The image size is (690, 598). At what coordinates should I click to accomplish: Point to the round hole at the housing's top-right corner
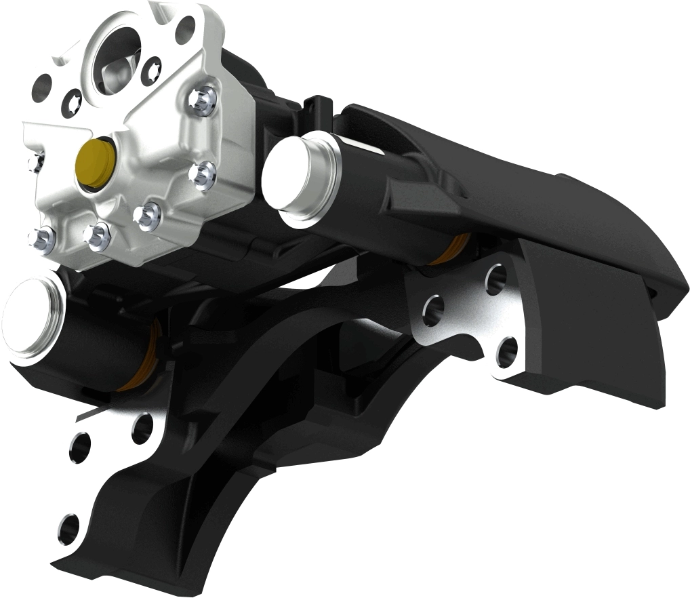pos(185,29)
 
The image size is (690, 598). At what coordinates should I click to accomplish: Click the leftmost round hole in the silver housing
pos(44,85)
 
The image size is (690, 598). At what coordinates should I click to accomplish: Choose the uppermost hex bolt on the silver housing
pos(203,100)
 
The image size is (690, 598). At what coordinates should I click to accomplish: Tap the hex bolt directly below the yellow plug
pos(96,235)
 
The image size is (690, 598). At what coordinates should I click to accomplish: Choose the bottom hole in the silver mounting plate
pos(506,352)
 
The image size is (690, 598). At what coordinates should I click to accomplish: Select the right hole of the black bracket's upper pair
pos(142,428)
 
